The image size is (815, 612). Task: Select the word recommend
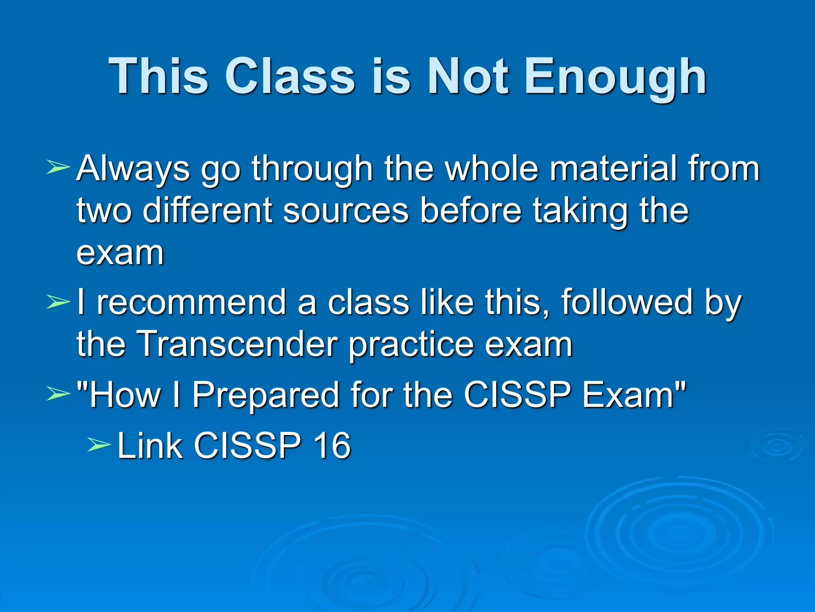click(191, 302)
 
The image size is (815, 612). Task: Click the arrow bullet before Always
click(58, 167)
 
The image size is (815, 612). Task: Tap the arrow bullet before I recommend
click(58, 302)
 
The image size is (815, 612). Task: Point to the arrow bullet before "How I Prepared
click(58, 394)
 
